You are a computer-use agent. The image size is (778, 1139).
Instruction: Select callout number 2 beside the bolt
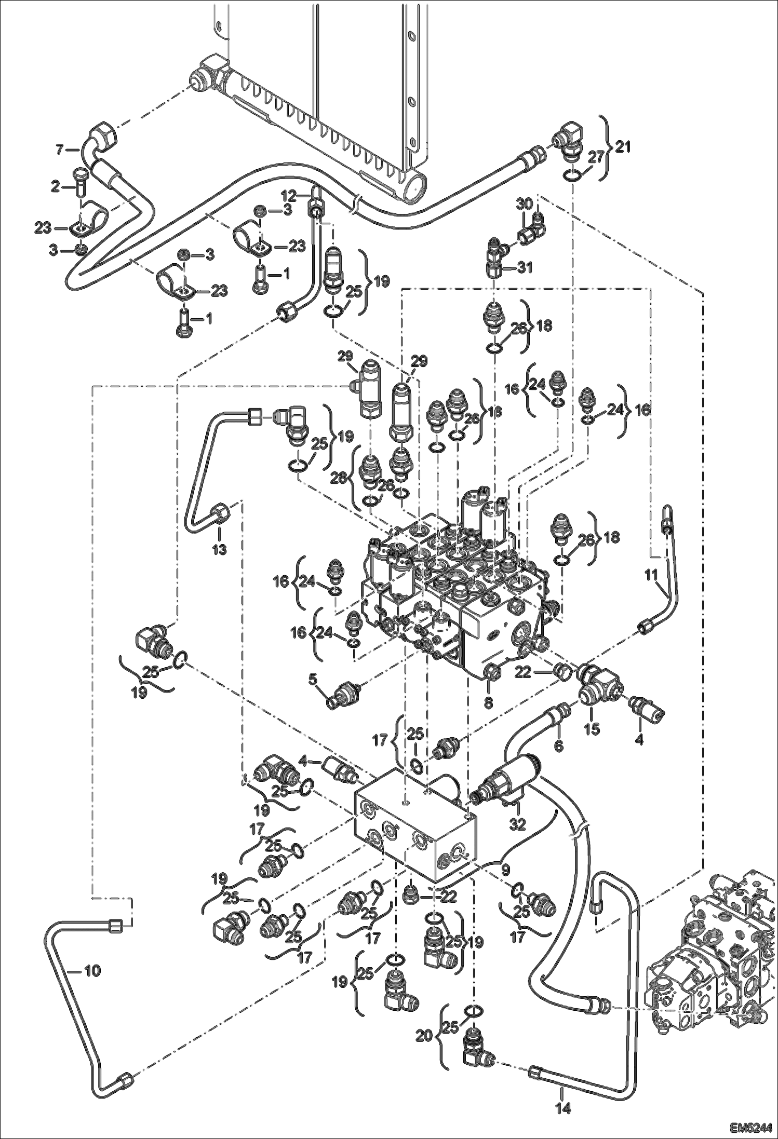click(x=55, y=187)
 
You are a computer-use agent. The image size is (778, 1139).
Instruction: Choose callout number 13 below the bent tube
click(x=219, y=549)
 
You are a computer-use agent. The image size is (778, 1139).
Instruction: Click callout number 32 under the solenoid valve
click(x=518, y=823)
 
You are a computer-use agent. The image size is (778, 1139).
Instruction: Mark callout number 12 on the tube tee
click(x=289, y=196)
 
